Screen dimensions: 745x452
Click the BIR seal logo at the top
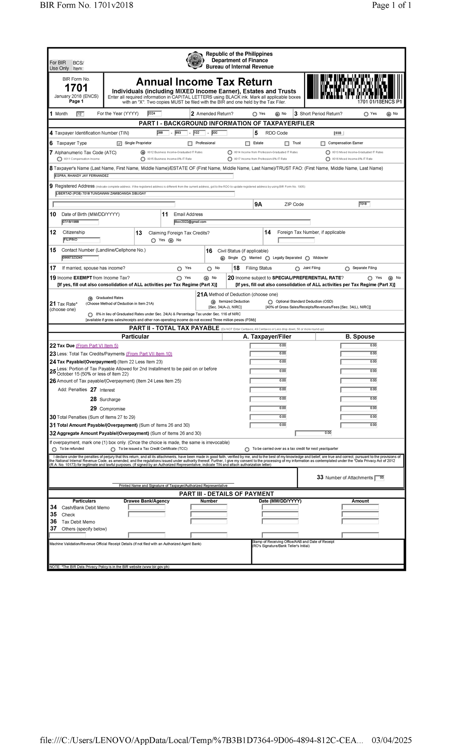click(x=195, y=60)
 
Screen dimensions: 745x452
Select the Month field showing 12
click(x=80, y=114)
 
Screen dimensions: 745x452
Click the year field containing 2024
click(x=154, y=113)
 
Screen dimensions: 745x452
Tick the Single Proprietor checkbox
click(x=119, y=143)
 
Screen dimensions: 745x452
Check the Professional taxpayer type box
click(x=190, y=143)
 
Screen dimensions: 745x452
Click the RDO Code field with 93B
click(x=339, y=133)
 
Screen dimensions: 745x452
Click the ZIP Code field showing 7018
click(x=364, y=204)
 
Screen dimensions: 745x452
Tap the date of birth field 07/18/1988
click(x=80, y=222)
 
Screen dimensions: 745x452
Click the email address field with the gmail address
click(x=242, y=222)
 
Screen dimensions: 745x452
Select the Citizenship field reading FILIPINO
click(x=82, y=240)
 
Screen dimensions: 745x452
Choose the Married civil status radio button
click(x=244, y=258)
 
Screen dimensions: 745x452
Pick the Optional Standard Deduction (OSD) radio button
click(x=270, y=302)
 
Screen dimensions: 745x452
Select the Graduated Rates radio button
click(x=90, y=299)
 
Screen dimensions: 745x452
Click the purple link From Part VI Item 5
click(x=97, y=346)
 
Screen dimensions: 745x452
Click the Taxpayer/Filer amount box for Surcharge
click(x=268, y=399)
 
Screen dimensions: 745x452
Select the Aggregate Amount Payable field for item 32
click(x=313, y=433)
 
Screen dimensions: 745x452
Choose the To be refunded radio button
click(x=54, y=449)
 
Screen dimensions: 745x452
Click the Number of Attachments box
click(x=379, y=478)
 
